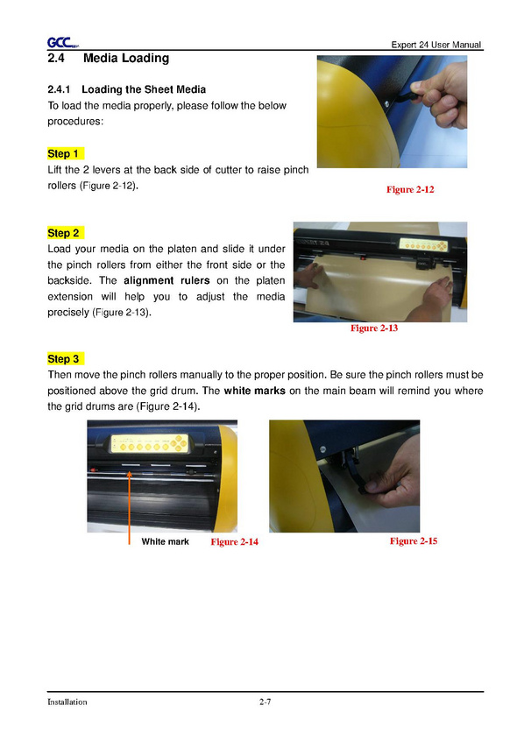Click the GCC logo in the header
(x=62, y=43)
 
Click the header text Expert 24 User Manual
(x=436, y=45)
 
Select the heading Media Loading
(x=126, y=58)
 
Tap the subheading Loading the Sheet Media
(x=144, y=89)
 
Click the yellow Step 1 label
(x=65, y=153)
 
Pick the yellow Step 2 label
(x=65, y=233)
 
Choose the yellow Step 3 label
(x=65, y=359)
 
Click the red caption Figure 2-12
(x=410, y=189)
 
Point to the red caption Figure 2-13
(x=374, y=328)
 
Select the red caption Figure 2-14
(x=235, y=541)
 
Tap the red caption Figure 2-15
(x=414, y=541)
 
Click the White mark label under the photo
(x=165, y=541)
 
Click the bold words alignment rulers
(x=166, y=280)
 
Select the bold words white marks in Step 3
(x=254, y=391)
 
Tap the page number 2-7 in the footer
(x=265, y=702)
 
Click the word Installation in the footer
(x=67, y=702)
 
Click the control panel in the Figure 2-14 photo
(x=151, y=444)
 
